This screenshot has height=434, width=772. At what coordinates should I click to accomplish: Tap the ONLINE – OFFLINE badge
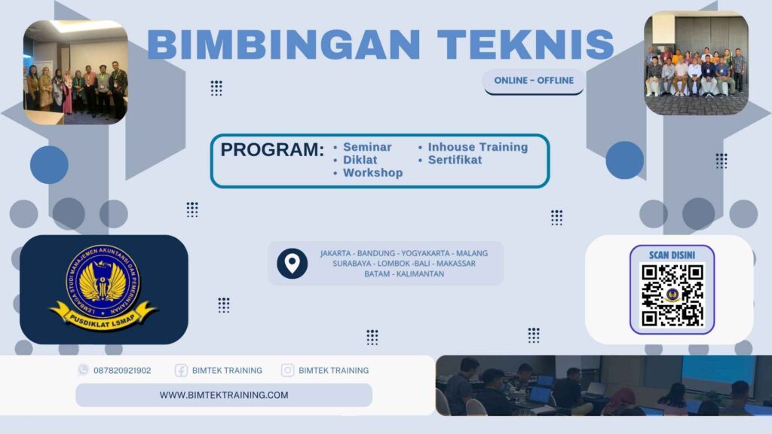click(534, 81)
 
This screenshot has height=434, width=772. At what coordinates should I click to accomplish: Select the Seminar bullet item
click(366, 147)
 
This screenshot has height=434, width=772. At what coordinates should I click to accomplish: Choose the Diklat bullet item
click(360, 160)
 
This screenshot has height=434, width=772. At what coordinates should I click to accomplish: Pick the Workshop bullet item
click(372, 173)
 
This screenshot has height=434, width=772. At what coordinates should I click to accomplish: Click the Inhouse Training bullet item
click(477, 147)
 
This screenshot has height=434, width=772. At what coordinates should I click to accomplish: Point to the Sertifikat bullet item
click(455, 160)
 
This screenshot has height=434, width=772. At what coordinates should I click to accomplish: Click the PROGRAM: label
click(271, 150)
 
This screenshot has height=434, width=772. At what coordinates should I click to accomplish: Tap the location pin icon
click(292, 263)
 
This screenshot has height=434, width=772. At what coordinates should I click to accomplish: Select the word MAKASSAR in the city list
click(455, 263)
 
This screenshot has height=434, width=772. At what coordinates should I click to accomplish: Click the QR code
click(672, 295)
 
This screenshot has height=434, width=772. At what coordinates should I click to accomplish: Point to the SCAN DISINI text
click(672, 255)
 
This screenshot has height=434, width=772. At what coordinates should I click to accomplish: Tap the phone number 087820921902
click(122, 371)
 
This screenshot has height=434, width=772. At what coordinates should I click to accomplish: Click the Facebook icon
click(181, 371)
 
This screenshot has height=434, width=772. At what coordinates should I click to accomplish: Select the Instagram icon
click(287, 371)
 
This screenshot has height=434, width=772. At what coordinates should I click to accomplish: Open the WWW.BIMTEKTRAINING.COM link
click(223, 395)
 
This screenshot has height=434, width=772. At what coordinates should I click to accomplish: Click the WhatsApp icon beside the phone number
click(83, 370)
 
